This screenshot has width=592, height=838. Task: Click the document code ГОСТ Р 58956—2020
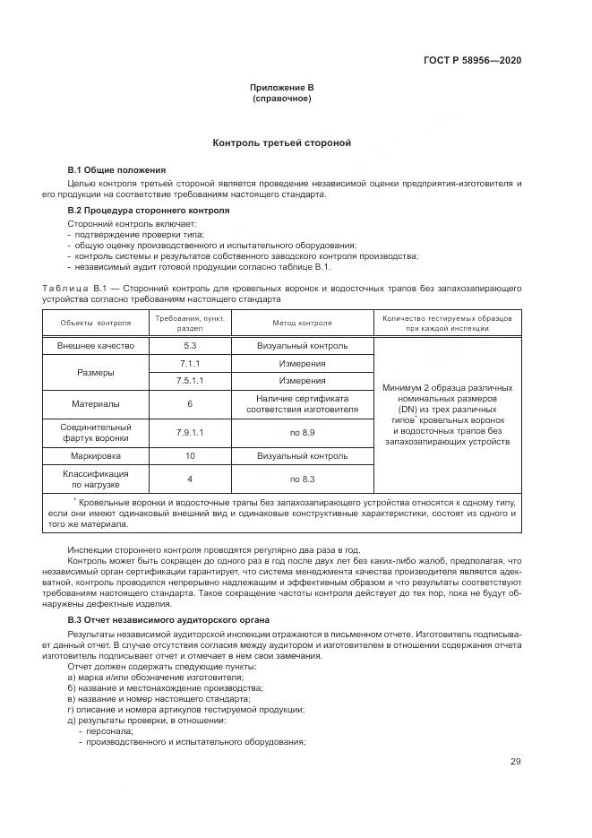472,61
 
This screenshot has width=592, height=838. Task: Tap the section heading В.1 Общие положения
116,169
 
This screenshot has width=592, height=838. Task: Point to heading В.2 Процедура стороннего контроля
149,210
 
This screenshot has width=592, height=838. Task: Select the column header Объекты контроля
95,323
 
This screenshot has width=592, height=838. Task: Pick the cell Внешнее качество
95,345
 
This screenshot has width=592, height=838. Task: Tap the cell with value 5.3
189,345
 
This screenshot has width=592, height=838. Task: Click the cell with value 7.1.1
189,364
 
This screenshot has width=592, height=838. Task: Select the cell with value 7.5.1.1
189,380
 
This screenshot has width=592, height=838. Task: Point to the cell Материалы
95,403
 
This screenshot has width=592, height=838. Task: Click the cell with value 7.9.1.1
189,432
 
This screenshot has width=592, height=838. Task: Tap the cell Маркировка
95,455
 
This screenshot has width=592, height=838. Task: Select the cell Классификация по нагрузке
95,479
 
